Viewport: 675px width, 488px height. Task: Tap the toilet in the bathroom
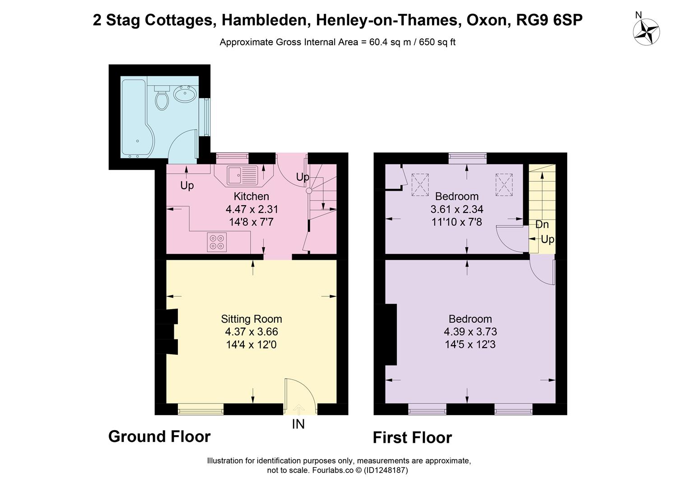[162, 98]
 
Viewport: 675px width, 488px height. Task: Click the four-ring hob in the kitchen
[217, 242]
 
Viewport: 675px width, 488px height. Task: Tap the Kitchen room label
[251, 197]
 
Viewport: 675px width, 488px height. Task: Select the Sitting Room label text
[251, 319]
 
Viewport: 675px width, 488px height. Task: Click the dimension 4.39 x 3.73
[470, 332]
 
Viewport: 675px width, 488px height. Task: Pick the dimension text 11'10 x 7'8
[456, 222]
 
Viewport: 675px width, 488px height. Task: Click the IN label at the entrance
[298, 424]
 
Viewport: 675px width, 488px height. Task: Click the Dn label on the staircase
[542, 225]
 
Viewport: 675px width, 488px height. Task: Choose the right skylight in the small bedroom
[504, 185]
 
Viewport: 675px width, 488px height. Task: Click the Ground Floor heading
[159, 436]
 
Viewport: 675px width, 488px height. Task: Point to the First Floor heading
[412, 438]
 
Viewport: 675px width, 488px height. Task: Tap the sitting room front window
[200, 410]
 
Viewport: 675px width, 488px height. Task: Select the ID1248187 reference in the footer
[386, 470]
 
